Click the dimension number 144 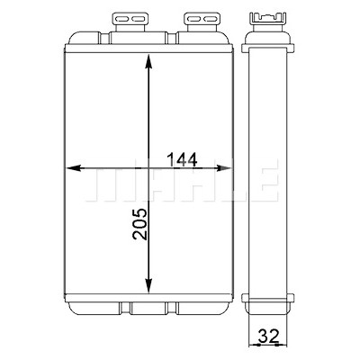(182, 159)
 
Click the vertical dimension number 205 (140, 224)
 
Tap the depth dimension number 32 (268, 337)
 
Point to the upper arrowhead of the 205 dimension (148, 62)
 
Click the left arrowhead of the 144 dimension (74, 168)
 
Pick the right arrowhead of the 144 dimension (224, 168)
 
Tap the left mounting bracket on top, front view (129, 22)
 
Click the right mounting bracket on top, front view (201, 22)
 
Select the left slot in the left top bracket (121, 20)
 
